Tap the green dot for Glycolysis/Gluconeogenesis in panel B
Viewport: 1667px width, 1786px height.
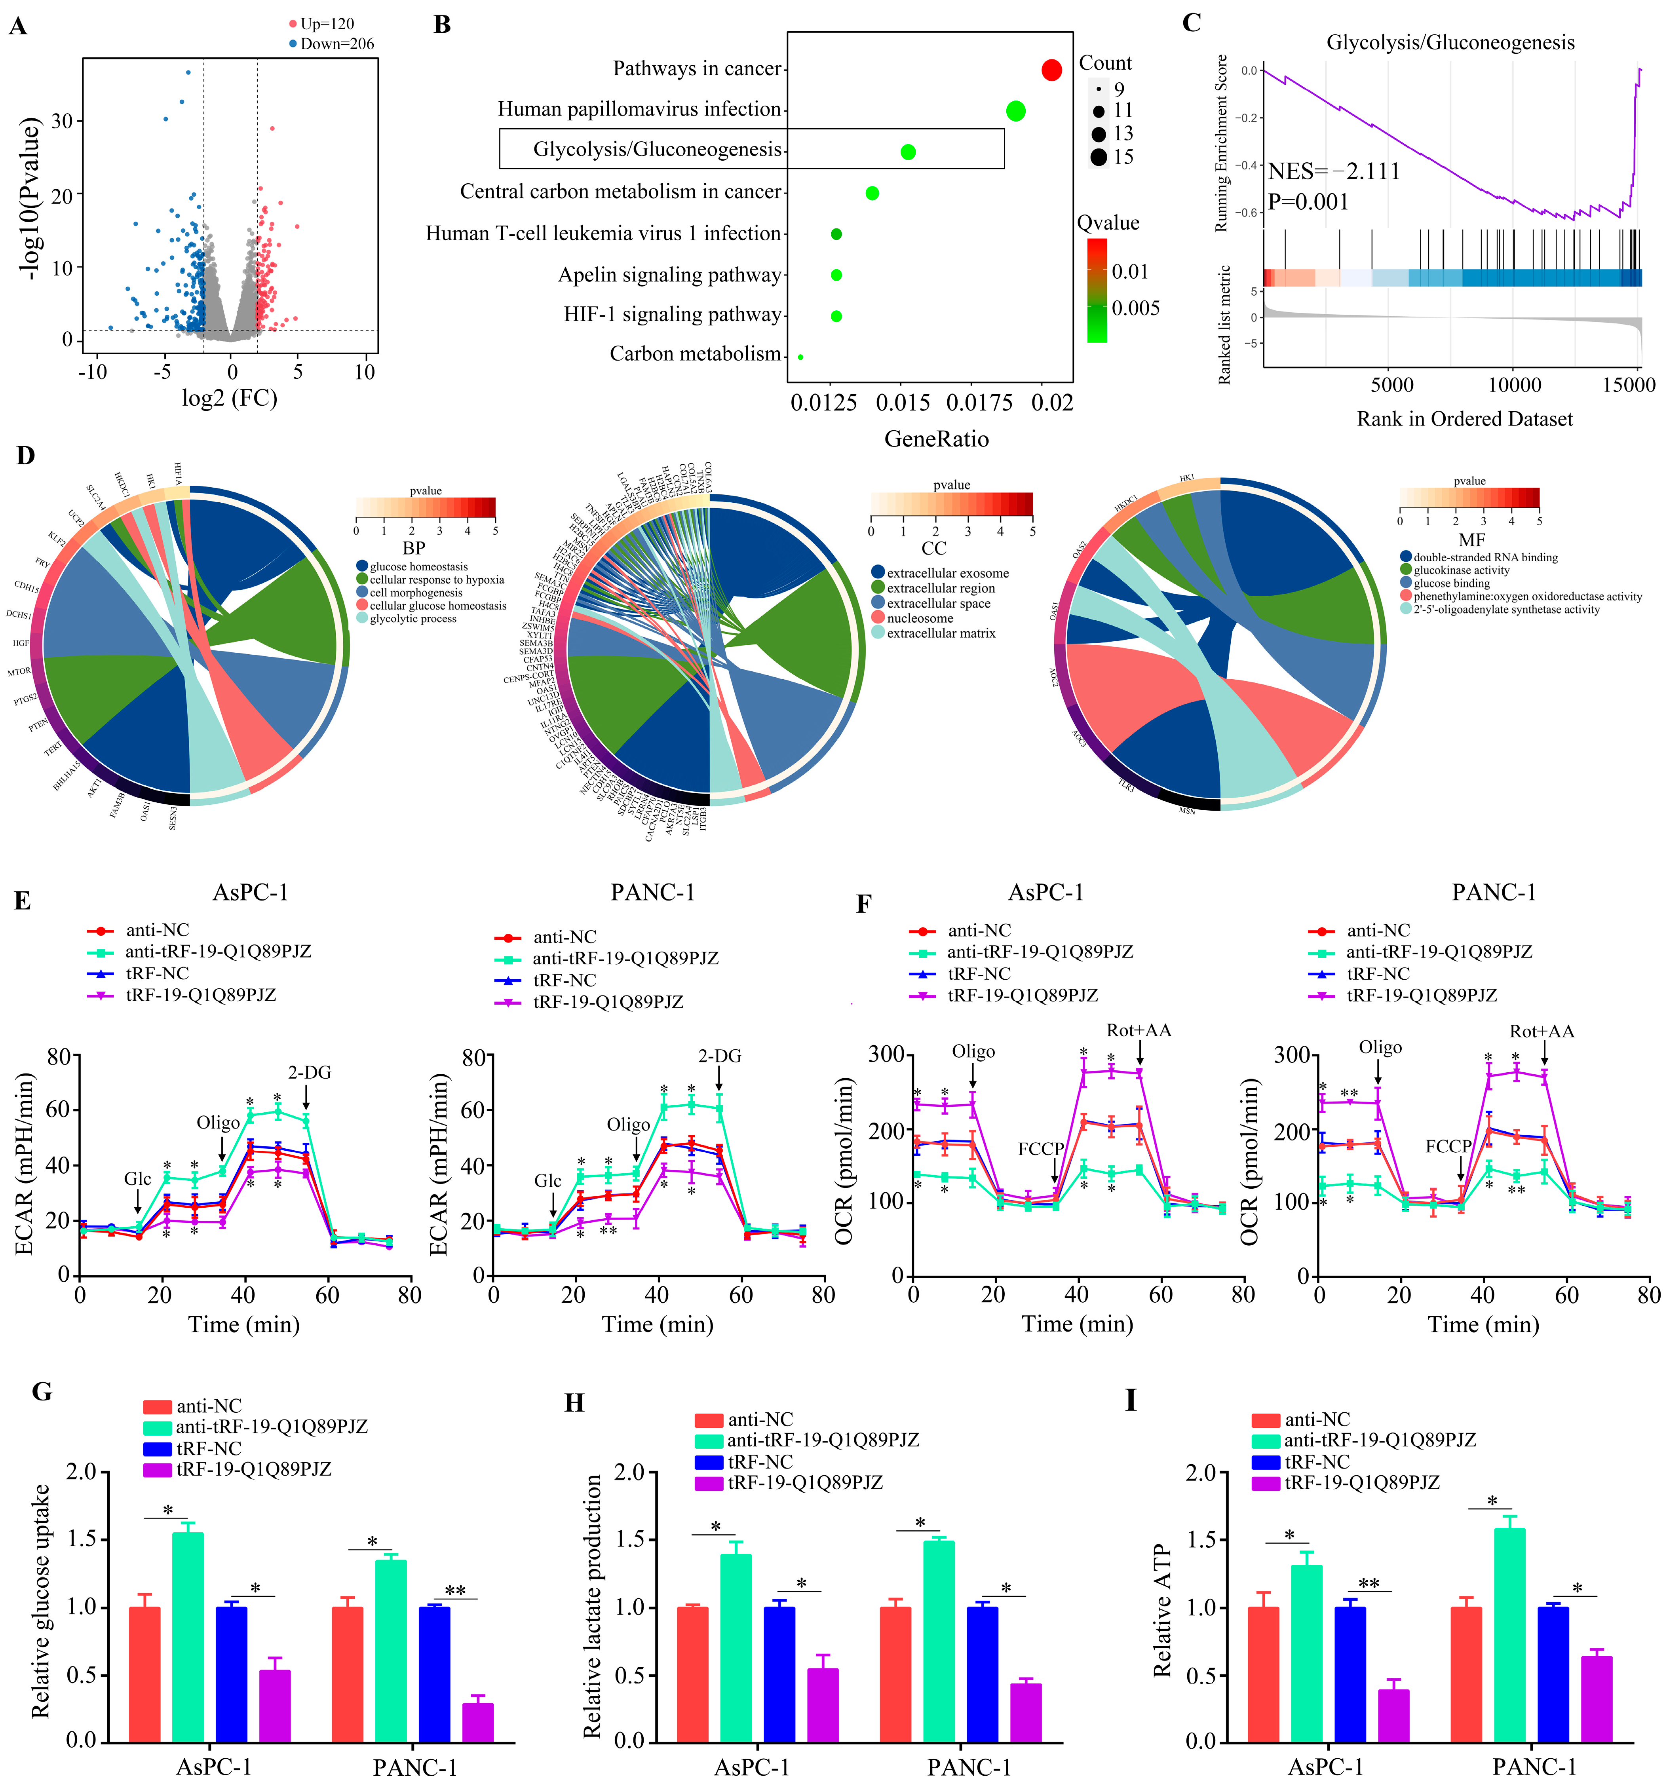(908, 152)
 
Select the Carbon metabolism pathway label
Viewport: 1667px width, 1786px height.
(695, 354)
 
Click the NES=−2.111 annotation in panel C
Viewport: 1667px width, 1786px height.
(1334, 171)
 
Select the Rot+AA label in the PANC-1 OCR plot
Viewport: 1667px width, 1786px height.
(1541, 1032)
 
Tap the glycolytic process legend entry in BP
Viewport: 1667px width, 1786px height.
(412, 619)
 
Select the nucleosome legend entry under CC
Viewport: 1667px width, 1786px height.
(919, 618)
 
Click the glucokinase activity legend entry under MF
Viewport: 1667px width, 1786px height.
(1460, 570)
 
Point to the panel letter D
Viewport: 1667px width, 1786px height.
(25, 456)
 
